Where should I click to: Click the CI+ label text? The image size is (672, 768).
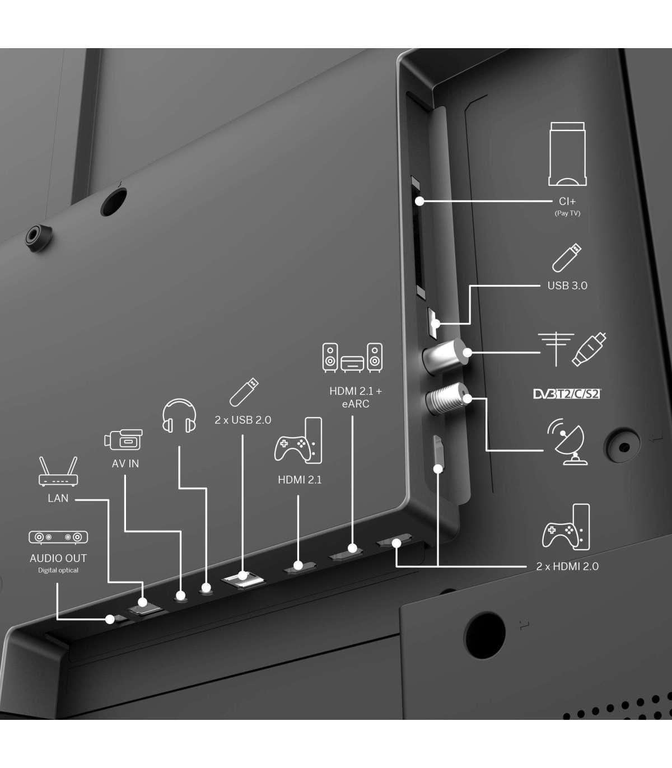(x=567, y=202)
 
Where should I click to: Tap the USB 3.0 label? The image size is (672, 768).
(x=567, y=285)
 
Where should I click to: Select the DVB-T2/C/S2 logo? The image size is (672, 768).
(x=566, y=394)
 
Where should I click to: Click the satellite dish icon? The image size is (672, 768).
(x=567, y=442)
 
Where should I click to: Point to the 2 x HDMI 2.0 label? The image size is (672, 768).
(x=567, y=566)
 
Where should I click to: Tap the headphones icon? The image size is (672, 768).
(x=179, y=416)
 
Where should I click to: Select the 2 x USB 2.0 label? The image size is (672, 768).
(x=243, y=420)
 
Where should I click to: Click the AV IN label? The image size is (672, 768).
(x=125, y=463)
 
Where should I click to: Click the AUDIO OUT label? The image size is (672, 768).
(x=58, y=558)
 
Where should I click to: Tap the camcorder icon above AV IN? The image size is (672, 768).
(x=123, y=439)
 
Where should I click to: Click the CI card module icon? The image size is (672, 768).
(x=567, y=154)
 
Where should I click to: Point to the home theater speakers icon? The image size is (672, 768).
(x=352, y=358)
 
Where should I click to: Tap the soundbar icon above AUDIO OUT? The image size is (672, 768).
(x=58, y=537)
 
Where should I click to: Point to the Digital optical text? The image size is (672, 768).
(x=58, y=570)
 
